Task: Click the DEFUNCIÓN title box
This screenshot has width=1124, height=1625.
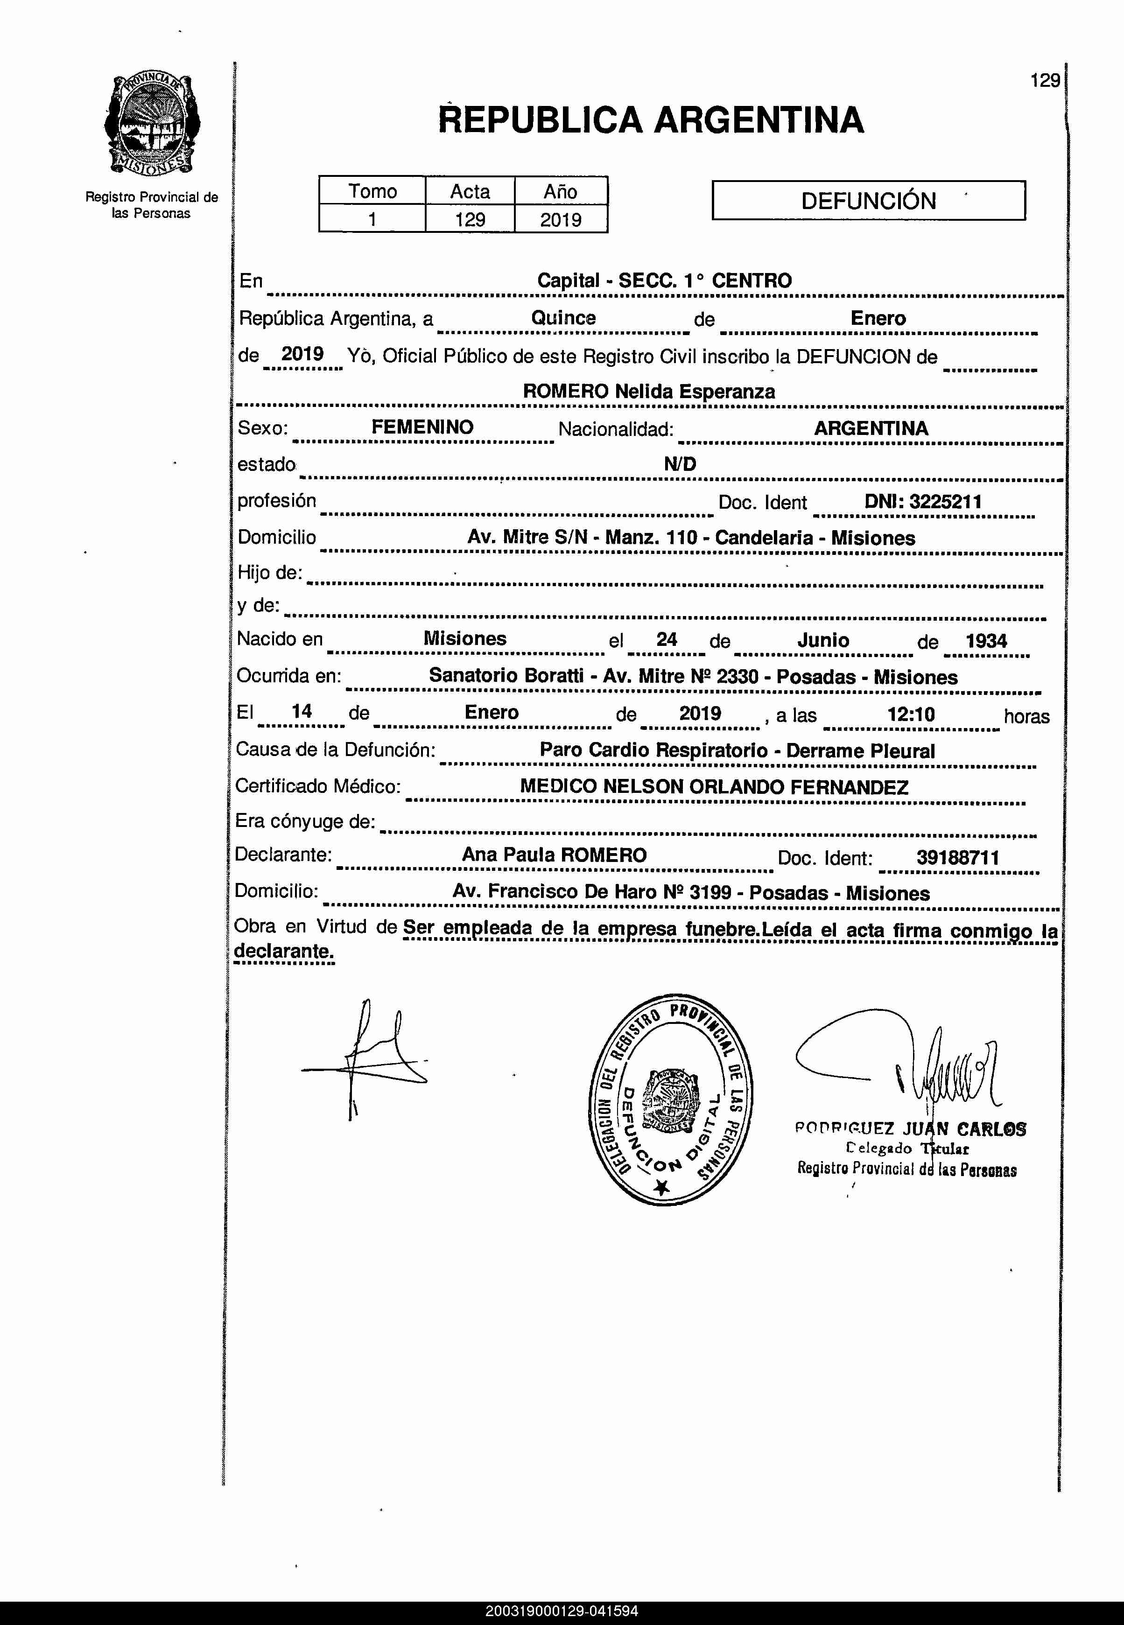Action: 868,201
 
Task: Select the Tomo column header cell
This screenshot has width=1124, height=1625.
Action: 372,191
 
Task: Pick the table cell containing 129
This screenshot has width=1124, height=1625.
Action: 470,220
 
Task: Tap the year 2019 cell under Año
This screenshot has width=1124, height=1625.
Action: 561,220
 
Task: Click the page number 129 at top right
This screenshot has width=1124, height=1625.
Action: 1045,81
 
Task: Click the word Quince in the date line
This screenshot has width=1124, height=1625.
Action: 563,317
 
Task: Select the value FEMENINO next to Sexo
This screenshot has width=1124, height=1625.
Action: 422,427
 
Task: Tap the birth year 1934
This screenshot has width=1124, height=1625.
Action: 986,641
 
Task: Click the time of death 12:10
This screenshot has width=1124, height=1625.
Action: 911,714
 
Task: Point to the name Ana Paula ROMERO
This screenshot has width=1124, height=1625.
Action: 554,855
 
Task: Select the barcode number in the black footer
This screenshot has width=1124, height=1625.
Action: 561,1611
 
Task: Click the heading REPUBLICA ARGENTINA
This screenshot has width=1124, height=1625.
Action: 650,119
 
